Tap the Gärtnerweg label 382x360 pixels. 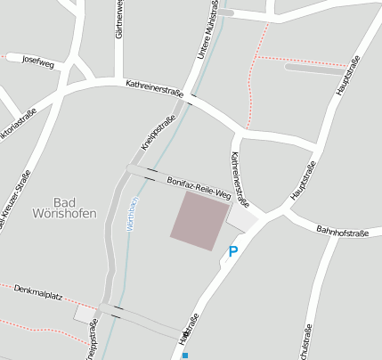click(x=118, y=20)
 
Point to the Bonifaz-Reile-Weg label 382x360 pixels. click(x=199, y=188)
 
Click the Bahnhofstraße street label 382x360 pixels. click(x=342, y=233)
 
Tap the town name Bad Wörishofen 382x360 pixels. click(x=63, y=207)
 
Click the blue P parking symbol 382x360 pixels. click(x=233, y=252)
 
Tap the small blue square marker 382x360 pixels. click(x=185, y=355)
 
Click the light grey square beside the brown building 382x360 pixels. click(x=241, y=217)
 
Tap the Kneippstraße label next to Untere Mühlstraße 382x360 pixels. click(x=158, y=132)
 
